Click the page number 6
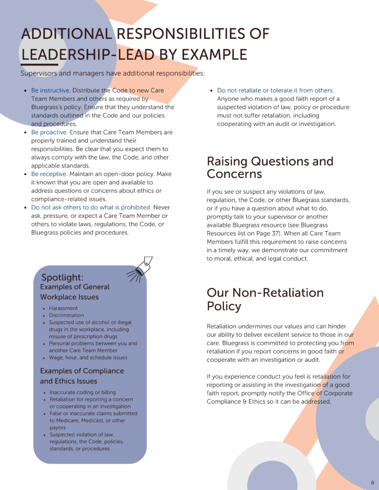(x=372, y=482)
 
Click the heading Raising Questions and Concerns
(x=270, y=167)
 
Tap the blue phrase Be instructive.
(x=51, y=90)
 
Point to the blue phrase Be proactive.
(x=49, y=132)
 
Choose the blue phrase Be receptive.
(x=49, y=174)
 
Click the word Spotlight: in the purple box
(x=62, y=278)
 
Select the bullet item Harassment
(x=63, y=309)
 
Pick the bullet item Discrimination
(x=66, y=315)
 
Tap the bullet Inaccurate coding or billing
(x=82, y=392)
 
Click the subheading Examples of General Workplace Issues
(x=75, y=292)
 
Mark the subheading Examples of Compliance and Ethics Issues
(x=82, y=376)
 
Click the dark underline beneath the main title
(x=39, y=65)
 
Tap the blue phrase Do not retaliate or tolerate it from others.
(x=275, y=90)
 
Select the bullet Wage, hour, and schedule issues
(x=88, y=357)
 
